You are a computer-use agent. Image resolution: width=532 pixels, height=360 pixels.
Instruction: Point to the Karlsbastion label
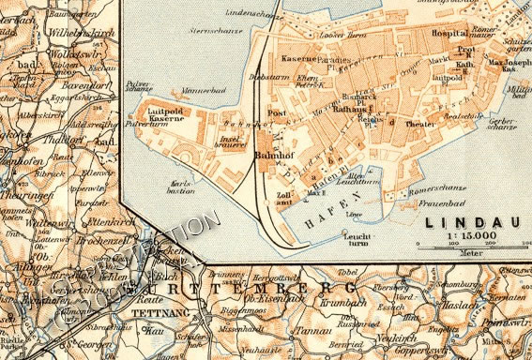pos(181,184)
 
